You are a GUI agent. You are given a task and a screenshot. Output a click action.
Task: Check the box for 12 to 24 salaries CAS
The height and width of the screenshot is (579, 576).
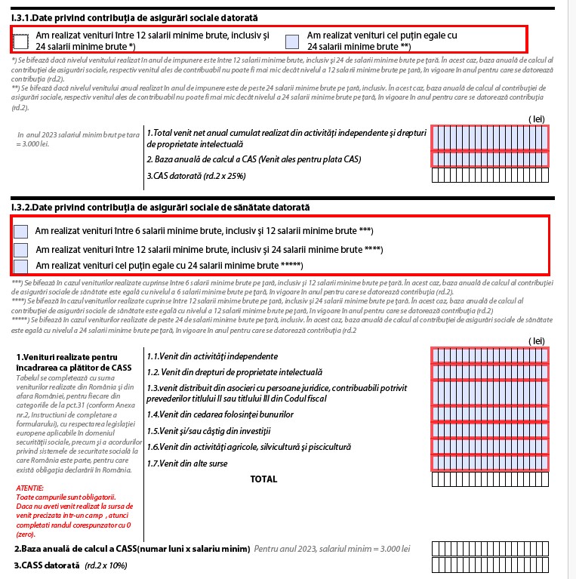pyautogui.click(x=21, y=41)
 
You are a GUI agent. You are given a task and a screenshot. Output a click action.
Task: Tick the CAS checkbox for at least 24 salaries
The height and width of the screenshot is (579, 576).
pyautogui.click(x=292, y=41)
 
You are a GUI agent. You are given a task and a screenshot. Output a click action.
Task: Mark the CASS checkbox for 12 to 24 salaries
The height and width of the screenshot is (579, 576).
pyautogui.click(x=21, y=249)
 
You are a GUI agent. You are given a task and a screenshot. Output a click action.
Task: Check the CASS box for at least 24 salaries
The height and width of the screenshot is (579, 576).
pyautogui.click(x=21, y=266)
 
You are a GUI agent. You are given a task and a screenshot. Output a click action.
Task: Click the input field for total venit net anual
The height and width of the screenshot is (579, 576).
pyautogui.click(x=489, y=138)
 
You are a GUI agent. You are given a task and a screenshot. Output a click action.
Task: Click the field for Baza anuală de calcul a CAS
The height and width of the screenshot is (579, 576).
pyautogui.click(x=489, y=159)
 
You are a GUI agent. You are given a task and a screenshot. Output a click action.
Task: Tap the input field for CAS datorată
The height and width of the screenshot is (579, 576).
pyautogui.click(x=489, y=176)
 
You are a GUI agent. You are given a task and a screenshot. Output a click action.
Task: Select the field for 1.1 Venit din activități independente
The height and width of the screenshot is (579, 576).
pyautogui.click(x=489, y=356)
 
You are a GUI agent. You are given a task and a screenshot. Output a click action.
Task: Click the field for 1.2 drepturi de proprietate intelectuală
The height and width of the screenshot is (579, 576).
pyautogui.click(x=489, y=373)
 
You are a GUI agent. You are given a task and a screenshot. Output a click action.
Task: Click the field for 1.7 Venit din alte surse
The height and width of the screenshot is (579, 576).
pyautogui.click(x=489, y=463)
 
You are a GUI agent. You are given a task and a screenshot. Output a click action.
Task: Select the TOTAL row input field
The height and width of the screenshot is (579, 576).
pyautogui.click(x=489, y=479)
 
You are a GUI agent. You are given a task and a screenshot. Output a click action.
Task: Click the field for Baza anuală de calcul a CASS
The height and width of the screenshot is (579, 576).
pyautogui.click(x=489, y=549)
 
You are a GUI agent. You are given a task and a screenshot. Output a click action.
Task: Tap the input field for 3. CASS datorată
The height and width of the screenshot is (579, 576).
pyautogui.click(x=489, y=565)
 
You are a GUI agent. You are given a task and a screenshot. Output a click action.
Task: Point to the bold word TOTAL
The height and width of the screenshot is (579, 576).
pyautogui.click(x=263, y=479)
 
